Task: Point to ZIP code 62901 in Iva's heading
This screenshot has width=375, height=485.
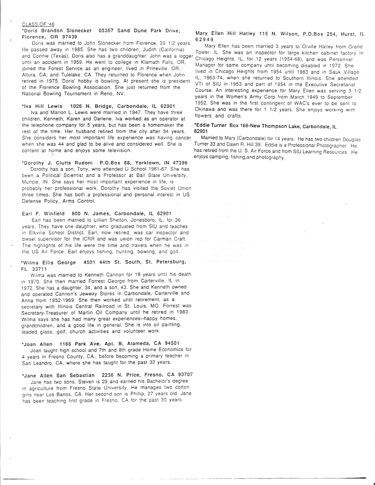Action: point(165,106)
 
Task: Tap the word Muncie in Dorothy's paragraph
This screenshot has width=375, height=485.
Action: point(30,181)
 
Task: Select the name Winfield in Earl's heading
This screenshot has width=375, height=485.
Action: point(52,214)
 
